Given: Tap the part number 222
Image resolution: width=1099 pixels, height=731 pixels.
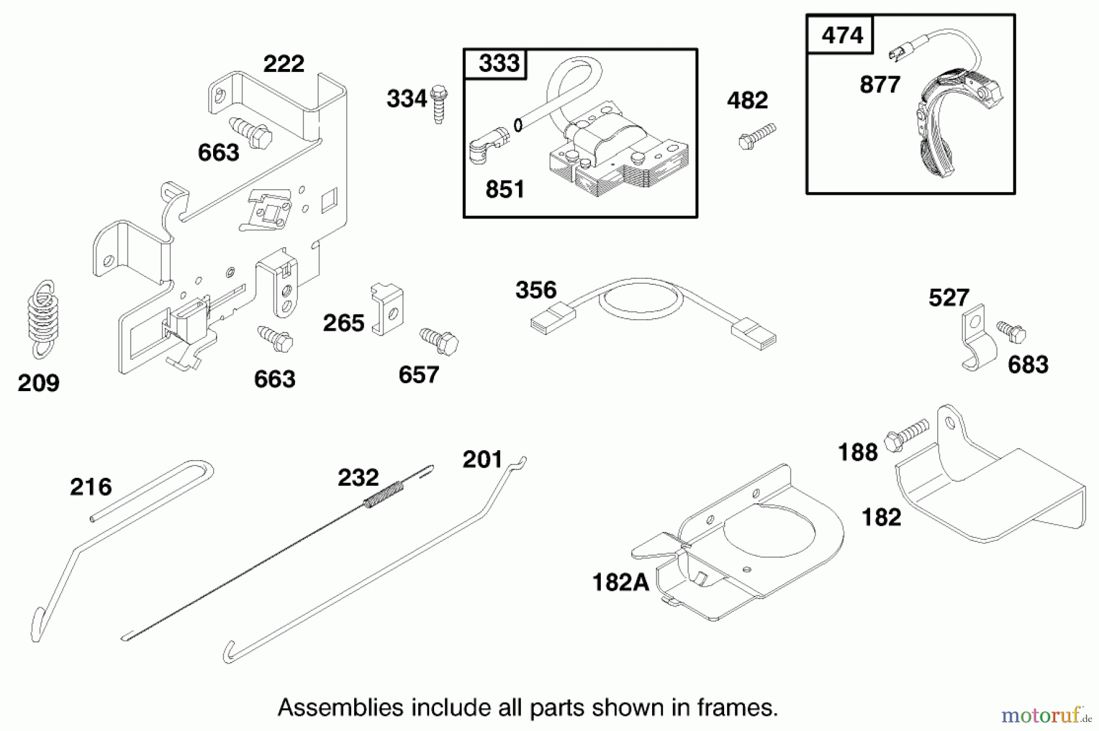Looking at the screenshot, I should click(x=283, y=63).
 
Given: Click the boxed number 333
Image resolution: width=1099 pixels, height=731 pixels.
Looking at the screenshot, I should click(x=498, y=63).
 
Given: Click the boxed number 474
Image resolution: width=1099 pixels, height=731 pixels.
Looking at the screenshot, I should click(x=841, y=35).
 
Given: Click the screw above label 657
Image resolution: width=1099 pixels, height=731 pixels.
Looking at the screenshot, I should click(x=440, y=342).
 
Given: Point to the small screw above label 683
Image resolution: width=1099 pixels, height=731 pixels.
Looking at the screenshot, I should click(x=1012, y=331).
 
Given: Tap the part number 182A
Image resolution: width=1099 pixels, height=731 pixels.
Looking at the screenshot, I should click(x=620, y=582).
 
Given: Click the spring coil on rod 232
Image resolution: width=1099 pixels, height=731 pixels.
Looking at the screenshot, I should click(x=383, y=495).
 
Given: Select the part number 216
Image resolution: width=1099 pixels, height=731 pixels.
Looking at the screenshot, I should click(x=91, y=487).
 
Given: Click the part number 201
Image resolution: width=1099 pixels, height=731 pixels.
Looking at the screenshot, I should click(x=482, y=459).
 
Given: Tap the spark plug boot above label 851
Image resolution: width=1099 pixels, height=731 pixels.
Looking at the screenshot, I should click(x=488, y=146).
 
